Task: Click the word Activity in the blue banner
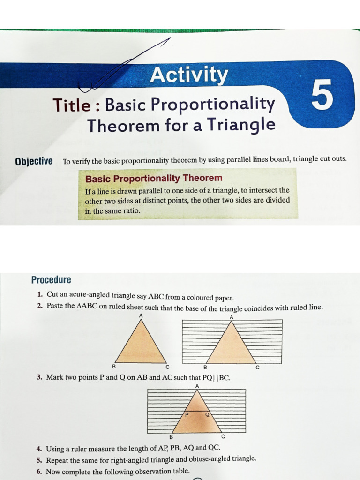(x=189, y=75)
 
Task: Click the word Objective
(x=34, y=161)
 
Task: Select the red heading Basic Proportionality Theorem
(x=154, y=178)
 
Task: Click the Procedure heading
(x=51, y=280)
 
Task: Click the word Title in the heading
(x=71, y=105)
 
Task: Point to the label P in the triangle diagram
(x=187, y=414)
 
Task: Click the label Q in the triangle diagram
(x=207, y=414)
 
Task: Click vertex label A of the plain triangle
(x=141, y=315)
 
